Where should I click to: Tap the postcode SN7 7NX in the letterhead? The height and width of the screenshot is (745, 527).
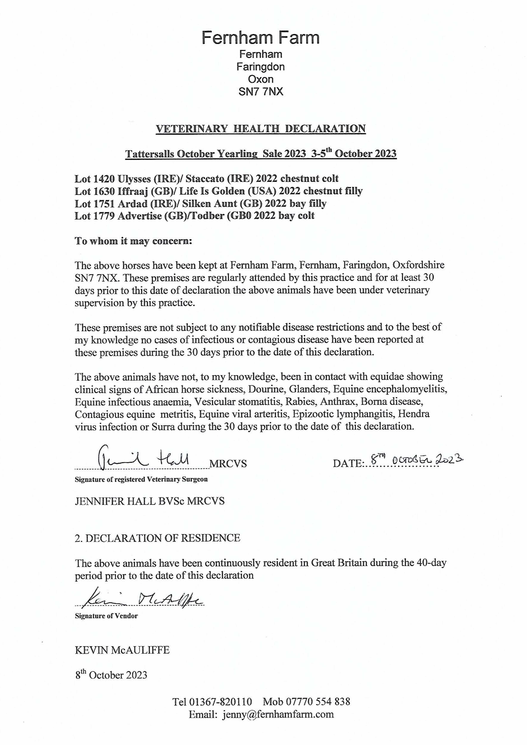[x=261, y=92]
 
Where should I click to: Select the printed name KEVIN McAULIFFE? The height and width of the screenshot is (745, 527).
[x=122, y=650]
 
